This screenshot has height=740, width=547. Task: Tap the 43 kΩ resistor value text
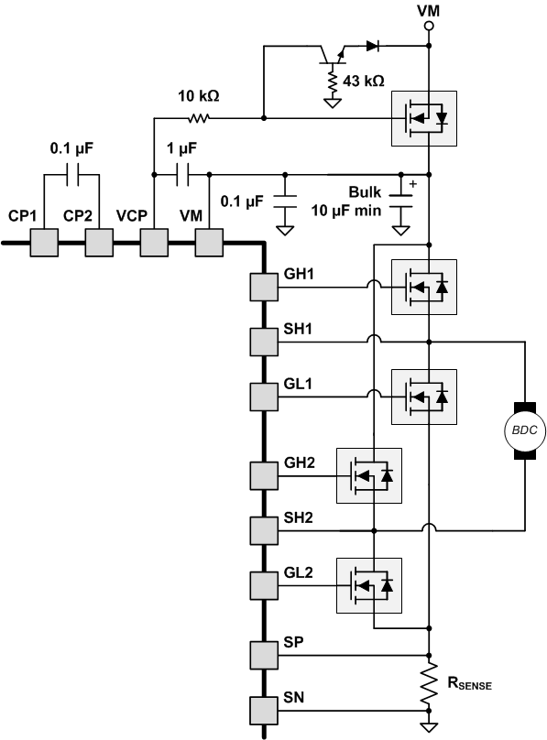[x=362, y=81]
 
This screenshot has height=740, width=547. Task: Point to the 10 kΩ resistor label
[x=198, y=96]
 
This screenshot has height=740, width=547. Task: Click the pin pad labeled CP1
[x=43, y=243]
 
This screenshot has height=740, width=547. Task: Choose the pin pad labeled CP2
[x=98, y=243]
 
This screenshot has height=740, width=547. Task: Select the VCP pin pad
[x=153, y=243]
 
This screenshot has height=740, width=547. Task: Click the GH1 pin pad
[x=264, y=288]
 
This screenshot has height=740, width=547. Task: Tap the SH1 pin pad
[x=264, y=341]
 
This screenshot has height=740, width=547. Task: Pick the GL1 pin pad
[x=264, y=395]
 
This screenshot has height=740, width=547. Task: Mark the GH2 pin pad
[x=264, y=475]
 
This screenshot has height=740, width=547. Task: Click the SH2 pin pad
[x=264, y=529]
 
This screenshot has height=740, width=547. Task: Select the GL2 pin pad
[x=264, y=583]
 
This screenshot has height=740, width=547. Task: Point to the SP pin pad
[x=264, y=655]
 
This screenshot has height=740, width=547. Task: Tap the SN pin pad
[x=264, y=709]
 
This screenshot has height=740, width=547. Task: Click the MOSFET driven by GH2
[x=369, y=475]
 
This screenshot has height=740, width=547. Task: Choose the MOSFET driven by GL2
[x=369, y=583]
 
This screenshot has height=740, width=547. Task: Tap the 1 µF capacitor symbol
[x=181, y=173]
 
